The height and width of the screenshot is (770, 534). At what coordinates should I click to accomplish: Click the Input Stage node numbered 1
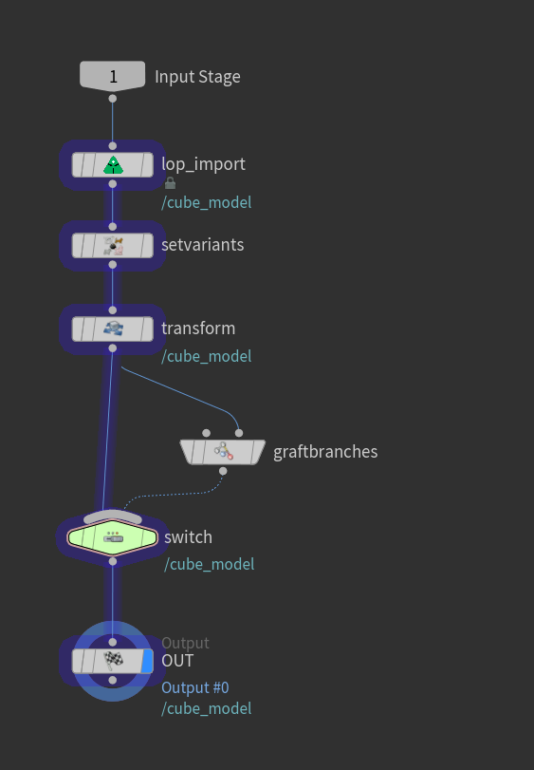pos(112,76)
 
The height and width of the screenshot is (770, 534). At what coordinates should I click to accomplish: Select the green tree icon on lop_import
pos(113,165)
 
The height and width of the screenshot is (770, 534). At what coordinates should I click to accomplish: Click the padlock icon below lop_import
pos(170,183)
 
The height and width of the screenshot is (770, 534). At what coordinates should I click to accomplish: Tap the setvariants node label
pos(203,245)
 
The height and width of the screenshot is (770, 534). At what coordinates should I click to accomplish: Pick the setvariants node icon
pos(113,246)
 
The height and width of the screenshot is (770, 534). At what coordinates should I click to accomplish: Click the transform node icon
pos(113,329)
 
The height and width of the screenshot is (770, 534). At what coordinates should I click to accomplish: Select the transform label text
pos(198,329)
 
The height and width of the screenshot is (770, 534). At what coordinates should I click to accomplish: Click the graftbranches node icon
pos(223,451)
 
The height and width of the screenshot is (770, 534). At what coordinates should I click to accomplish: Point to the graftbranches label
pos(325,452)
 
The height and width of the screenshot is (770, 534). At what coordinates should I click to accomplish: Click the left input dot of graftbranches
pos(207,433)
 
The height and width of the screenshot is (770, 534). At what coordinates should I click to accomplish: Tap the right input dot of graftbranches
pos(239,433)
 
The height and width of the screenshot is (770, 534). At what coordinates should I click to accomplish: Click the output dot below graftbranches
pos(223,471)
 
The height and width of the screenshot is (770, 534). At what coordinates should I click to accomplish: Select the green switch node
pos(112,537)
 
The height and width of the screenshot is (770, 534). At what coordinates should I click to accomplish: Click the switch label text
pos(189,537)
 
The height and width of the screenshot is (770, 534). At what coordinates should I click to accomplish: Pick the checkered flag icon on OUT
pos(113,661)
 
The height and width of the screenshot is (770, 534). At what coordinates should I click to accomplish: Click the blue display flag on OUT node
pos(147,661)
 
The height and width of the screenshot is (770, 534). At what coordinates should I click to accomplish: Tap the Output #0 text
pos(195,687)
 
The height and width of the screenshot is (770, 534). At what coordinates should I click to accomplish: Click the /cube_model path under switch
pos(210,564)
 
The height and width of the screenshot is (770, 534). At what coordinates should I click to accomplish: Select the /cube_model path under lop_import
pos(207,202)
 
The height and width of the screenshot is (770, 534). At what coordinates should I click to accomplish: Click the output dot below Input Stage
pos(112,99)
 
